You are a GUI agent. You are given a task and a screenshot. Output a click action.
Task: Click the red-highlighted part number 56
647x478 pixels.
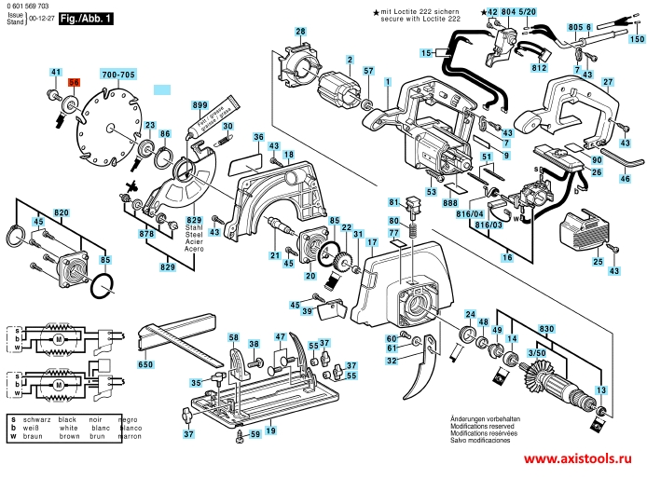pos(75,82)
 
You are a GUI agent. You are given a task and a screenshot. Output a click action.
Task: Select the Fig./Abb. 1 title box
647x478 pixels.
pos(85,18)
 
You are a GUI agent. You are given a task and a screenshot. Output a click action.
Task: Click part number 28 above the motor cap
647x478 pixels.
pos(300,32)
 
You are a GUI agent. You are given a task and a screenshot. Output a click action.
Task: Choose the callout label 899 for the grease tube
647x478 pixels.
pos(199,106)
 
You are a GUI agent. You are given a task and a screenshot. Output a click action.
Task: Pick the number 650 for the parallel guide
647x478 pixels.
pos(145,364)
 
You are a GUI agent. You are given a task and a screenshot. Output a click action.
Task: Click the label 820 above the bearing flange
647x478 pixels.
pos(62,213)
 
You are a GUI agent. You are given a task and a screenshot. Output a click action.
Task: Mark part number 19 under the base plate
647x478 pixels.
pos(269,430)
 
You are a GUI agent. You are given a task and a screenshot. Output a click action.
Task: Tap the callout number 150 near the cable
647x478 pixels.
pos(636,40)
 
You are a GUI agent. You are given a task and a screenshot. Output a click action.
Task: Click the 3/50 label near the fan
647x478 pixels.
pos(537,353)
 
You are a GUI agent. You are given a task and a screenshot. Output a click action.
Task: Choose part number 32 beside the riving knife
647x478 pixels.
pos(392,360)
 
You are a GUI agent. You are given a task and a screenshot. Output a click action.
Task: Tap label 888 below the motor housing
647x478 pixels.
pos(451,202)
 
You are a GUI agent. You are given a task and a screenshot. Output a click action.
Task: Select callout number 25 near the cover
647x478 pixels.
pos(598,263)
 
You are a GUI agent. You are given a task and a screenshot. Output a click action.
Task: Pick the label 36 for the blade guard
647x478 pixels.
pos(258,137)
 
